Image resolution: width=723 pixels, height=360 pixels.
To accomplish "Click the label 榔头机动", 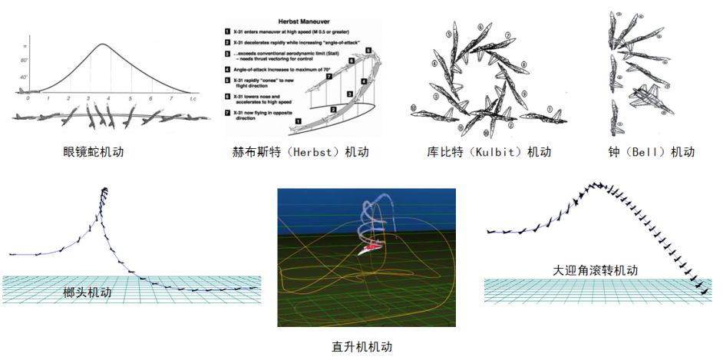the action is tap(87, 292).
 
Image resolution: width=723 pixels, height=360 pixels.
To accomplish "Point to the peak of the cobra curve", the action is tap(104, 44).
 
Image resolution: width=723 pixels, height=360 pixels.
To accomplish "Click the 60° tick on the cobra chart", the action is tap(25, 59).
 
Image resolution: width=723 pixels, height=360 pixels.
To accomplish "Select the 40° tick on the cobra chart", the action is tap(25, 77).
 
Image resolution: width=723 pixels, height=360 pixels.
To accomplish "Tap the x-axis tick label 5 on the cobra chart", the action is tap(130, 99).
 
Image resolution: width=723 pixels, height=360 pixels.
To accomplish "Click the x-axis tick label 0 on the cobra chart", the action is tap(28, 99).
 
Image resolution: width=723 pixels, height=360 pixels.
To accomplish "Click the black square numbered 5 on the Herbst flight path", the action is tap(368, 50).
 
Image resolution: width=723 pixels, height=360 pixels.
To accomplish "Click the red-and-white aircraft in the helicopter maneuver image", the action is tap(370, 247).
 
